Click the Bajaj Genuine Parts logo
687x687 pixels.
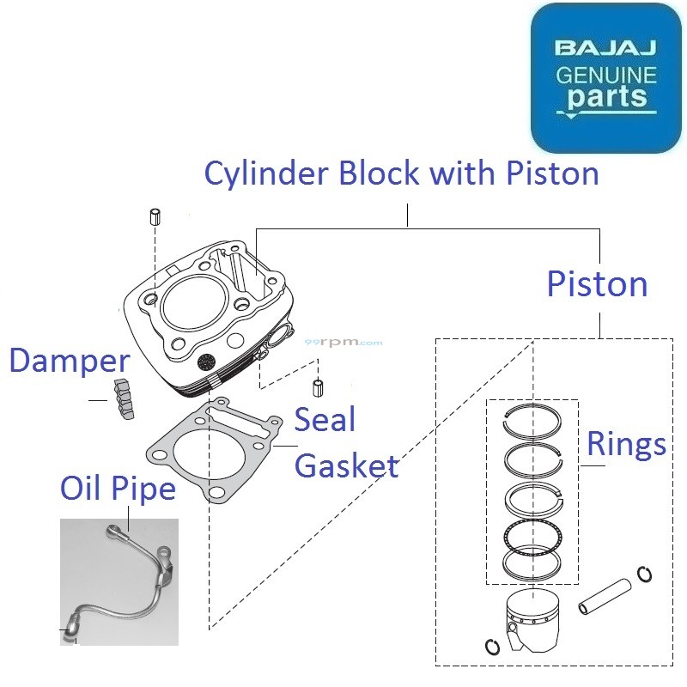(605, 78)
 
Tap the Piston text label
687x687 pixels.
(597, 284)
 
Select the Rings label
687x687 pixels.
(626, 444)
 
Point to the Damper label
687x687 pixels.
(69, 362)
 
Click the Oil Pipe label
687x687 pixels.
(118, 489)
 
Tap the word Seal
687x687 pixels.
(325, 421)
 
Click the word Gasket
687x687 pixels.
(346, 466)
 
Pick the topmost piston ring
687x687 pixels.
(532, 421)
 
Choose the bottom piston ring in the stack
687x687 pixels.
(532, 562)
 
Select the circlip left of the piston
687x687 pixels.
(493, 647)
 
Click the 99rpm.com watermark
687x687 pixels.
(343, 342)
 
